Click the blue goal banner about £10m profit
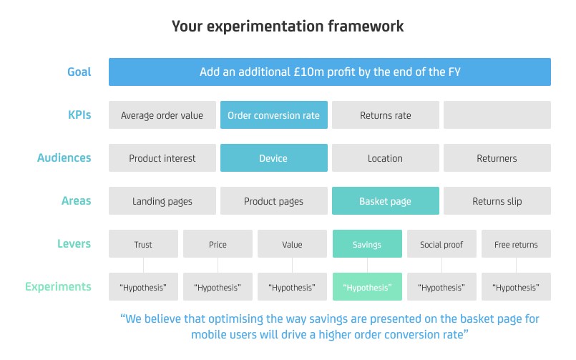pyautogui.click(x=330, y=72)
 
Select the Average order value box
pyautogui.click(x=162, y=115)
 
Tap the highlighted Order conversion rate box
pyautogui.click(x=273, y=115)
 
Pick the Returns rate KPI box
pyautogui.click(x=386, y=115)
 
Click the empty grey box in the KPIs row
pyautogui.click(x=497, y=115)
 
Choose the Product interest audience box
pyautogui.click(x=162, y=158)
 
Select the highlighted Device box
pyautogui.click(x=273, y=158)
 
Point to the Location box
pyautogui.click(x=386, y=158)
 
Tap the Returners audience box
pyautogui.click(x=497, y=158)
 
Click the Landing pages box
pyautogui.click(x=162, y=201)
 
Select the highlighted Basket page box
pyautogui.click(x=386, y=201)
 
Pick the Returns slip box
pyautogui.click(x=497, y=201)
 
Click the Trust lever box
pyautogui.click(x=143, y=244)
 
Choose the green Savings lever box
pyautogui.click(x=367, y=244)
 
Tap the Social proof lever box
pyautogui.click(x=441, y=244)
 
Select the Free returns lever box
pyautogui.click(x=516, y=244)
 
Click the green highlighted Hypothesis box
pyautogui.click(x=367, y=287)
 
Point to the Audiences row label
pyautogui.click(x=64, y=158)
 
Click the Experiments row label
pyautogui.click(x=58, y=287)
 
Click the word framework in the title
pyautogui.click(x=366, y=26)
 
